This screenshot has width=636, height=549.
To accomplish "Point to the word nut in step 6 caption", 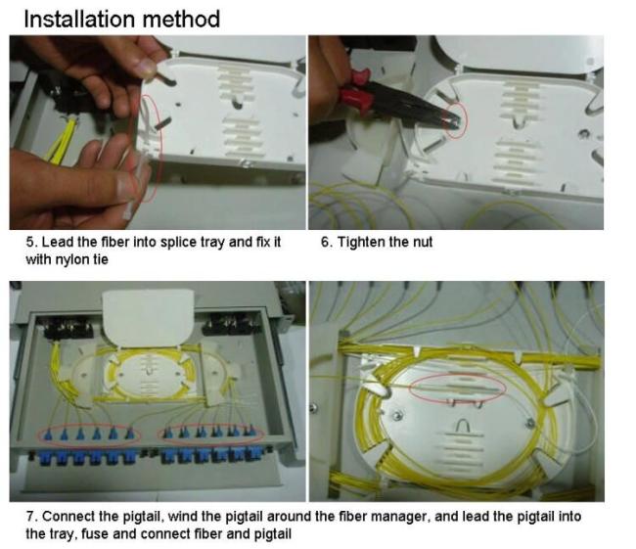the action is [423, 243].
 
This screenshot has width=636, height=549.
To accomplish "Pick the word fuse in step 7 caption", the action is [96, 533].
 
